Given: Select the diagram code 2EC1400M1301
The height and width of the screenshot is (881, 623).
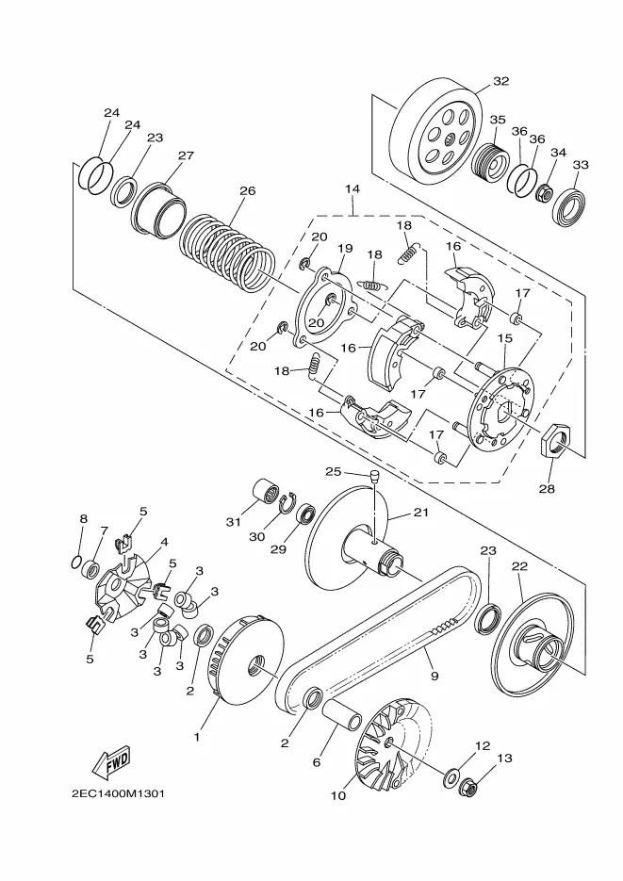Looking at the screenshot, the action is [x=118, y=794].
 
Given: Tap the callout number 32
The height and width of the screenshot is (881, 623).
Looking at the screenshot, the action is [x=500, y=81].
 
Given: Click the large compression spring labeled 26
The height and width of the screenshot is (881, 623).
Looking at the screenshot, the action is [x=227, y=251].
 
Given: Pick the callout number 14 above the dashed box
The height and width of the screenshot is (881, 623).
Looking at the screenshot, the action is [x=352, y=188].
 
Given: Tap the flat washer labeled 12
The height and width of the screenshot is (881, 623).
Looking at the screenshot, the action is [x=451, y=778].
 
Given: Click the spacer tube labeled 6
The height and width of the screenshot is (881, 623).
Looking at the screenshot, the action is [x=341, y=713].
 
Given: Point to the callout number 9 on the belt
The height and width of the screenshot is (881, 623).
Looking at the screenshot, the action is [x=434, y=676].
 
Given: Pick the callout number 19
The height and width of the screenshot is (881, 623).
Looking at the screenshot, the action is [x=345, y=249].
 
